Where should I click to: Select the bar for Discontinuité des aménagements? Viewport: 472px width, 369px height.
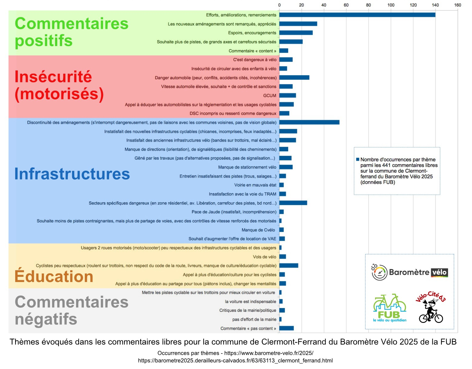309,122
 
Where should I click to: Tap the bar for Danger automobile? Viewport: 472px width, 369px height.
294,78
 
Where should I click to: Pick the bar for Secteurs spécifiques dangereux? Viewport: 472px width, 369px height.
293,203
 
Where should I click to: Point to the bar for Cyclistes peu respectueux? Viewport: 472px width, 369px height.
289,266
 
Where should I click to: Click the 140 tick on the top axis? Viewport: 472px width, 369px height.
435,5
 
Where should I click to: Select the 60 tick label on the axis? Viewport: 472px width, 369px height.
346,5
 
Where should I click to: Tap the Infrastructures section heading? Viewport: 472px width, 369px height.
72,174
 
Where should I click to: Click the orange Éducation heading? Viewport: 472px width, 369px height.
54,276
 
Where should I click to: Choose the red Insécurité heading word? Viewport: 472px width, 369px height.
53,76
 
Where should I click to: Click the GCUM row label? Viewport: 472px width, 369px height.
270,96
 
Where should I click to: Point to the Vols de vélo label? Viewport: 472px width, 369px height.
264,257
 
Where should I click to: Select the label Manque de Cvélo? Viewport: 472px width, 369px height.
258,230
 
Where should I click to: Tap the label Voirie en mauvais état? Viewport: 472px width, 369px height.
255,185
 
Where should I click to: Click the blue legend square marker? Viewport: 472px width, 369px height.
357,159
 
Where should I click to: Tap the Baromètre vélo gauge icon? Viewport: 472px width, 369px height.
379,272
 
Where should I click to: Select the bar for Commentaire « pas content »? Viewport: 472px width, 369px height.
286,328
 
